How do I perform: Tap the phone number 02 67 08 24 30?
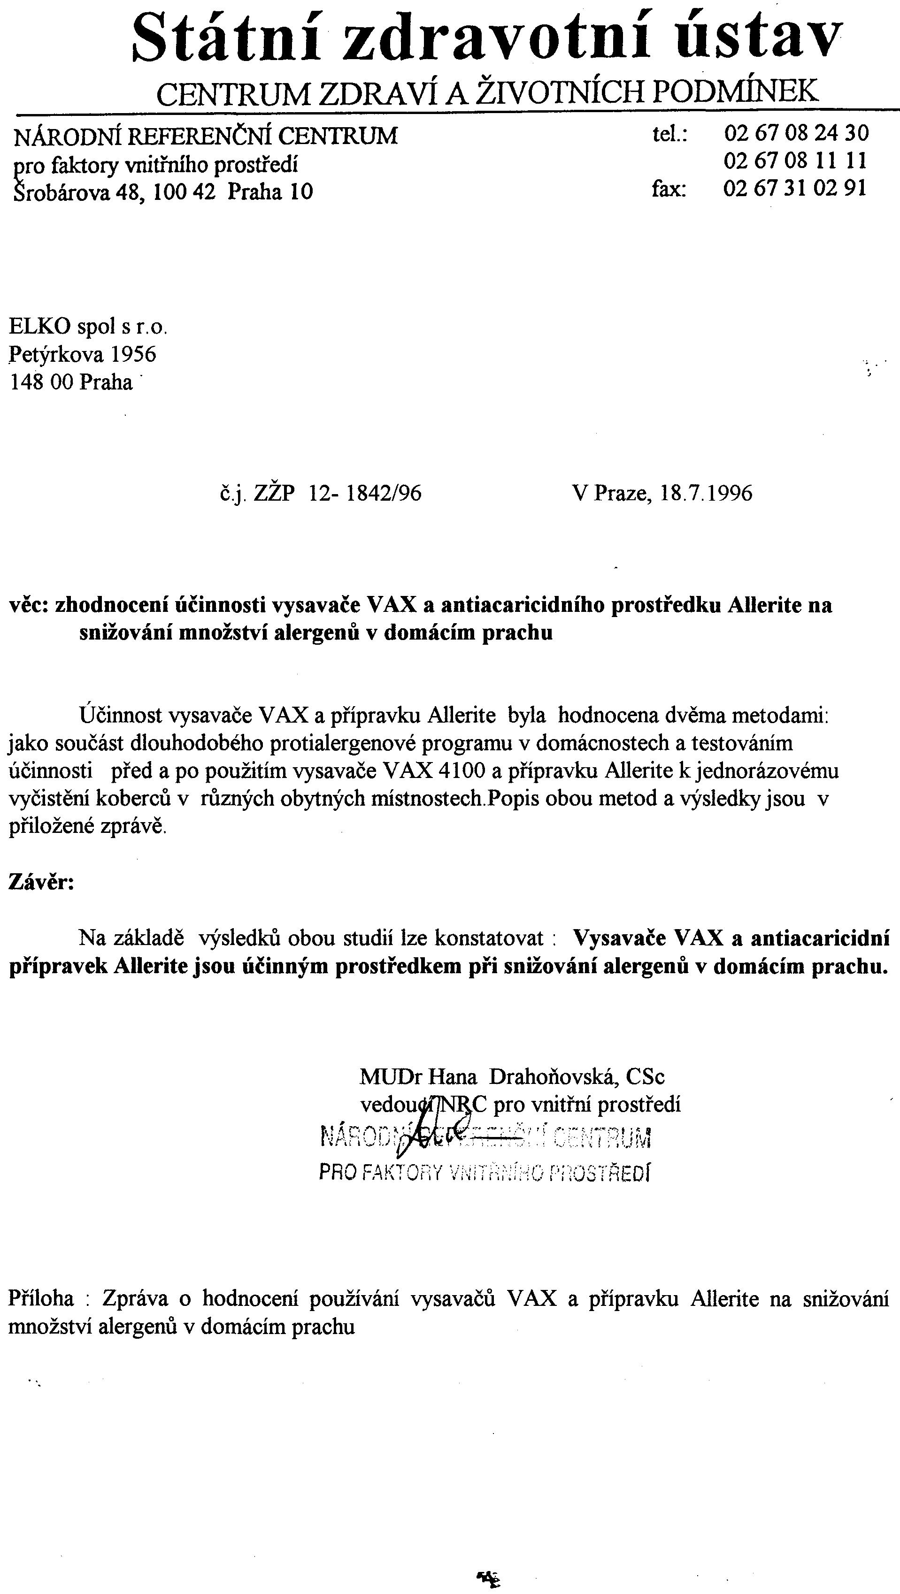[x=796, y=133]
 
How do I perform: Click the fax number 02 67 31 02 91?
[x=795, y=188]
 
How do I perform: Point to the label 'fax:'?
[x=669, y=189]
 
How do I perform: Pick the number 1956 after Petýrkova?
[x=133, y=355]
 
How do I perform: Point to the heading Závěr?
[x=41, y=882]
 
